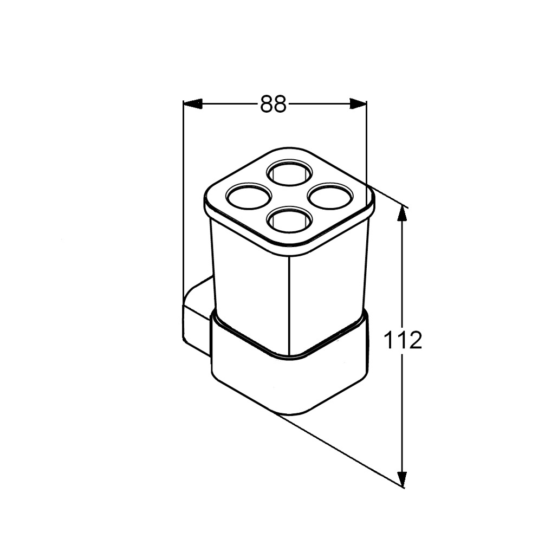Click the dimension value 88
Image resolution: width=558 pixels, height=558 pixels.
(273, 104)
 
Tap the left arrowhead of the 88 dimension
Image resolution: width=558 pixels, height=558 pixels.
(192, 103)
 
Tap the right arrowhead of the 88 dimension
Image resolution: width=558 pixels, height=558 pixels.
(358, 103)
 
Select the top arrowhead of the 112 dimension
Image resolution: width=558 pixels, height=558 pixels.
(402, 214)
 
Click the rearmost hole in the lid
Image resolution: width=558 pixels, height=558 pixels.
(290, 172)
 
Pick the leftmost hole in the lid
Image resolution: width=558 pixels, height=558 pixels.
(249, 196)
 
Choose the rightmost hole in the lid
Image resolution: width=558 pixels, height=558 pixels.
(332, 196)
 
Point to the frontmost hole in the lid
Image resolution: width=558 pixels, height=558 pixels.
(290, 219)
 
